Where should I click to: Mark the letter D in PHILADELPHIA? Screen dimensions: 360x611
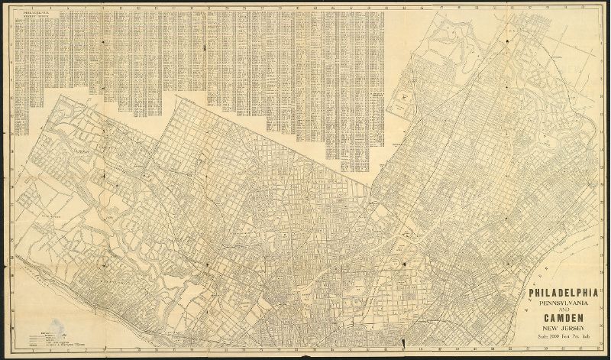coord(561,293)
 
